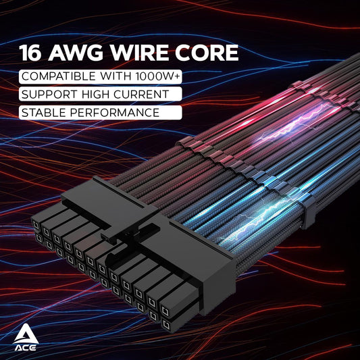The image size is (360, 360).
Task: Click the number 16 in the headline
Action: pyautogui.click(x=32, y=53)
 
